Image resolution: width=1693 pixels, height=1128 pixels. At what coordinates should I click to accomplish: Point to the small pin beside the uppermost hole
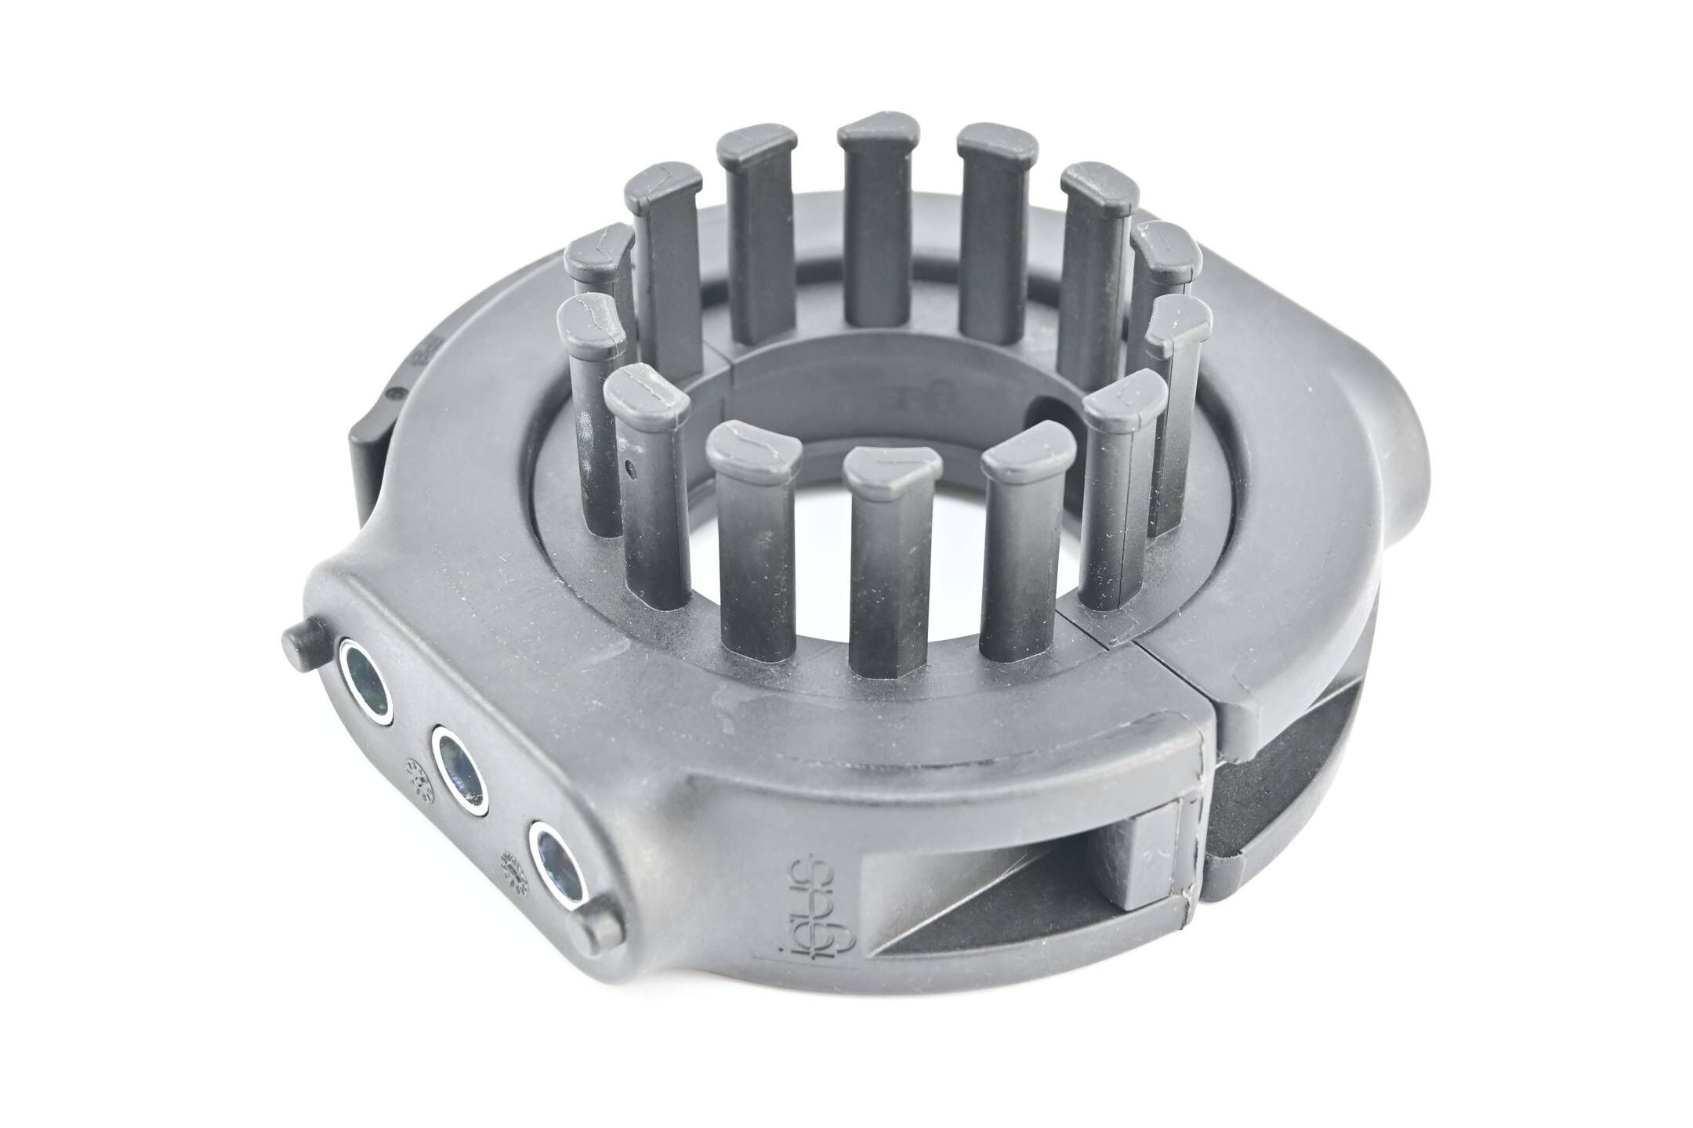(301, 641)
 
